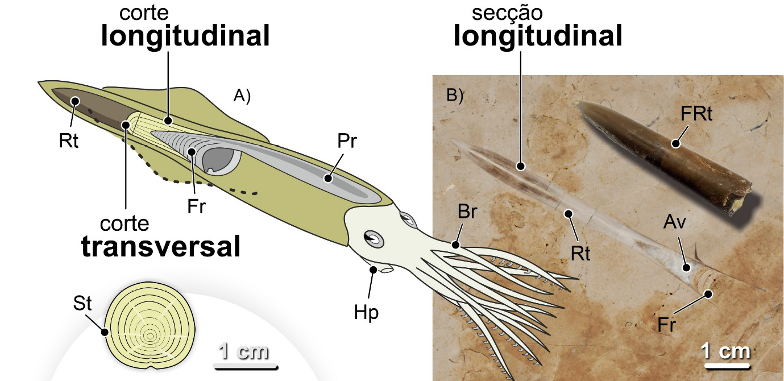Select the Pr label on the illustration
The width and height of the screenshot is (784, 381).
coord(346,141)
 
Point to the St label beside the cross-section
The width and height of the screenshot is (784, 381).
coord(82,304)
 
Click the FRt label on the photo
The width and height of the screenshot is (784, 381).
coord(696,113)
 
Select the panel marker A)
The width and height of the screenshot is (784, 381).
coord(242,96)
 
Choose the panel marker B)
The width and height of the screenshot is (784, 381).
coord(455,95)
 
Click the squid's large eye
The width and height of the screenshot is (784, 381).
coord(374,239)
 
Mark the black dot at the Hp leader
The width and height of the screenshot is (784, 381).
coord(373,270)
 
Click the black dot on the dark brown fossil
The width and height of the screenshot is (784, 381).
coord(675,143)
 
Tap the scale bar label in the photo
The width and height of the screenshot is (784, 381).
coord(725,351)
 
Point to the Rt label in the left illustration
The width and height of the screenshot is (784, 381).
coord(68,140)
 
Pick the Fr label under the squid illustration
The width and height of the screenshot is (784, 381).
coord(196,206)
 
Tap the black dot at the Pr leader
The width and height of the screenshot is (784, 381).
coord(327,178)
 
